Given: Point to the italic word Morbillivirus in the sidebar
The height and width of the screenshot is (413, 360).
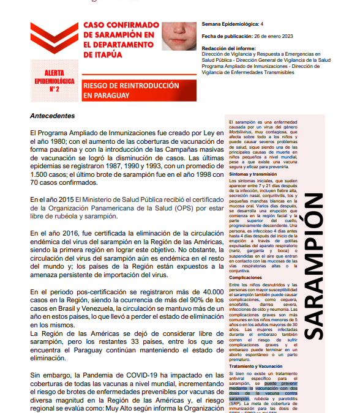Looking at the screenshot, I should point(242,132).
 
